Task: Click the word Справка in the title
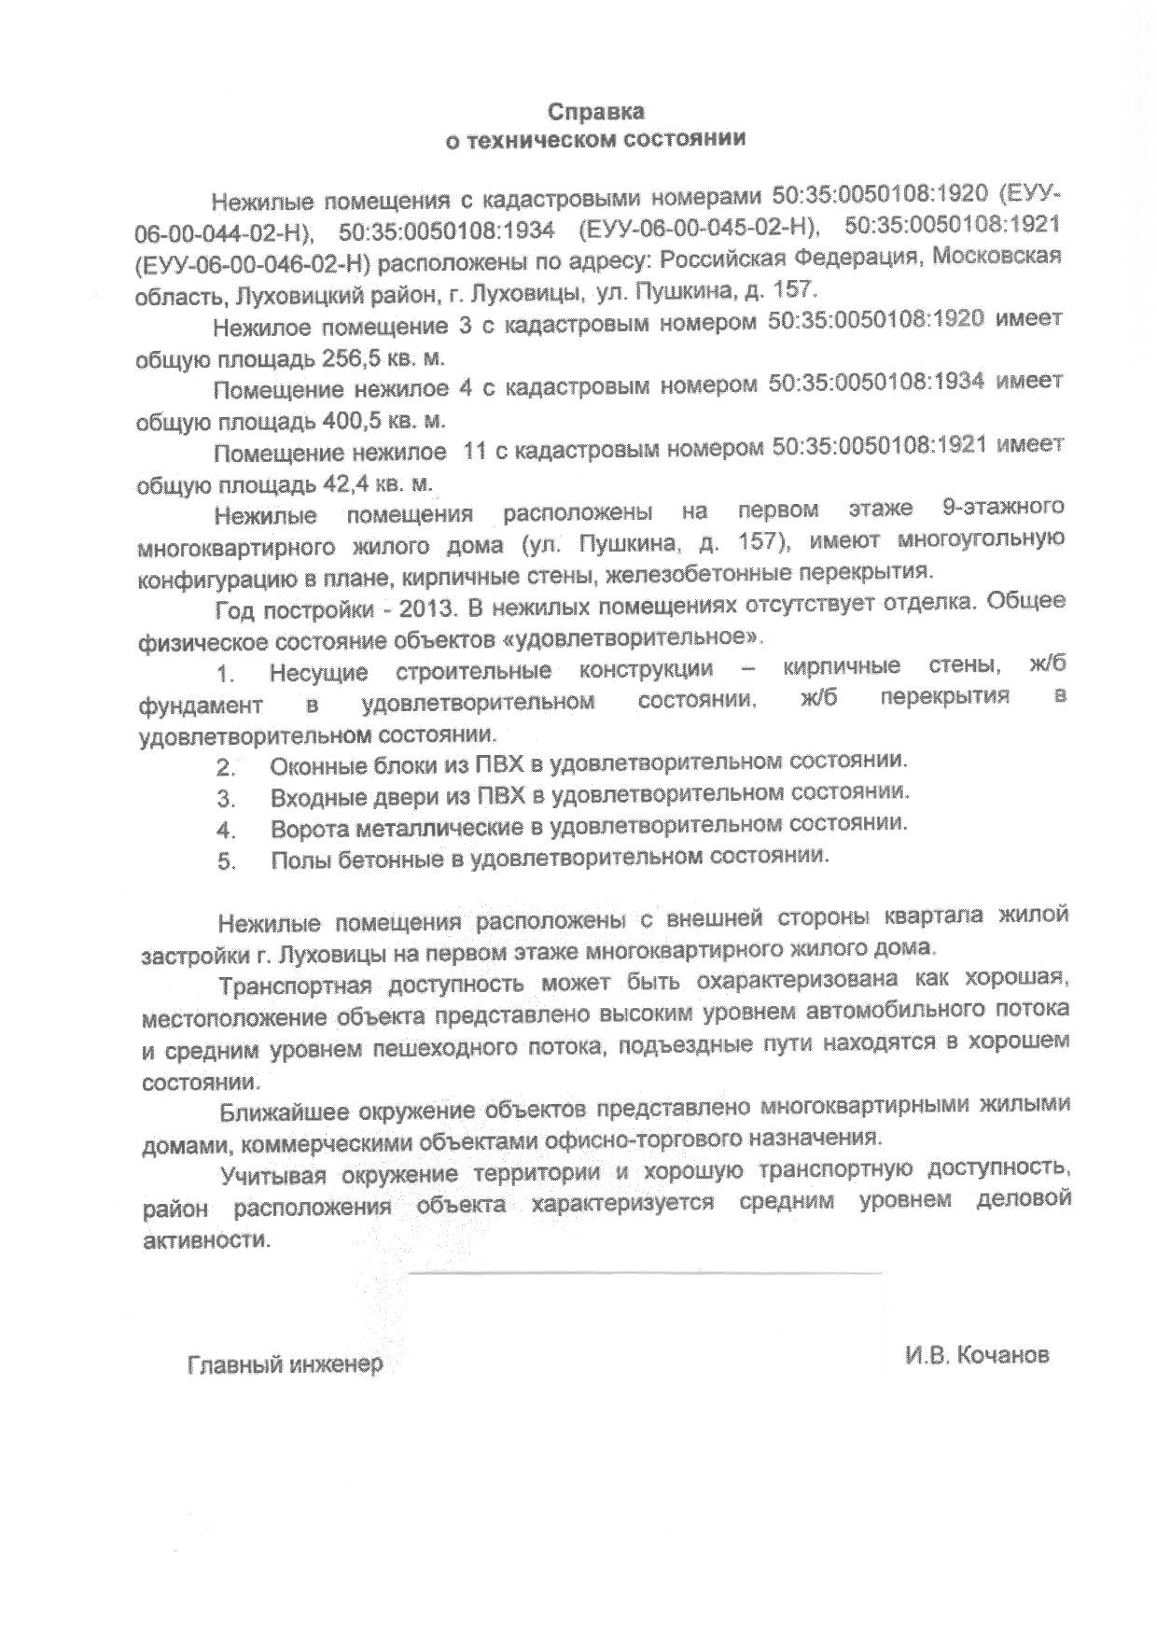[x=594, y=112]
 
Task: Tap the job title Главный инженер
[x=286, y=1364]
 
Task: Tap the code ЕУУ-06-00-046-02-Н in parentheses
[x=254, y=262]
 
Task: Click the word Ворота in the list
[x=311, y=829]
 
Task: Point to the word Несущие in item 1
[x=317, y=672]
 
